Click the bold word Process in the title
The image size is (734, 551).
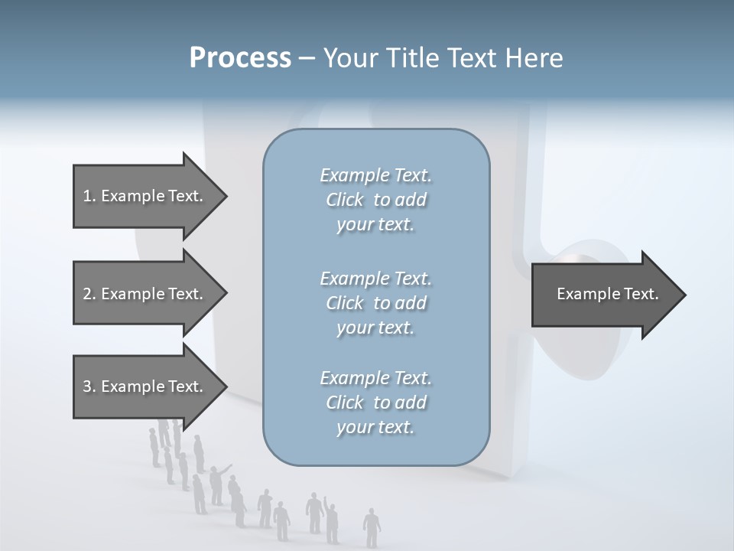[x=240, y=58]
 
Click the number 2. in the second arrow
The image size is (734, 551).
[x=89, y=294]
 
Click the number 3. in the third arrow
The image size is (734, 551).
[x=89, y=386]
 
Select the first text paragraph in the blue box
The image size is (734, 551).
[x=375, y=200]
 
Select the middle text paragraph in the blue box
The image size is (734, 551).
[x=375, y=302]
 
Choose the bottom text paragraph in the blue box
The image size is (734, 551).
[x=375, y=403]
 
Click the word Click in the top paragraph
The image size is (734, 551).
[x=345, y=200]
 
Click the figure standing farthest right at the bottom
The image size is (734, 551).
[x=372, y=527]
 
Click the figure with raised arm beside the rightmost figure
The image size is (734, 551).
[x=330, y=520]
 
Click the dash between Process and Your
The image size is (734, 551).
[x=307, y=58]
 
